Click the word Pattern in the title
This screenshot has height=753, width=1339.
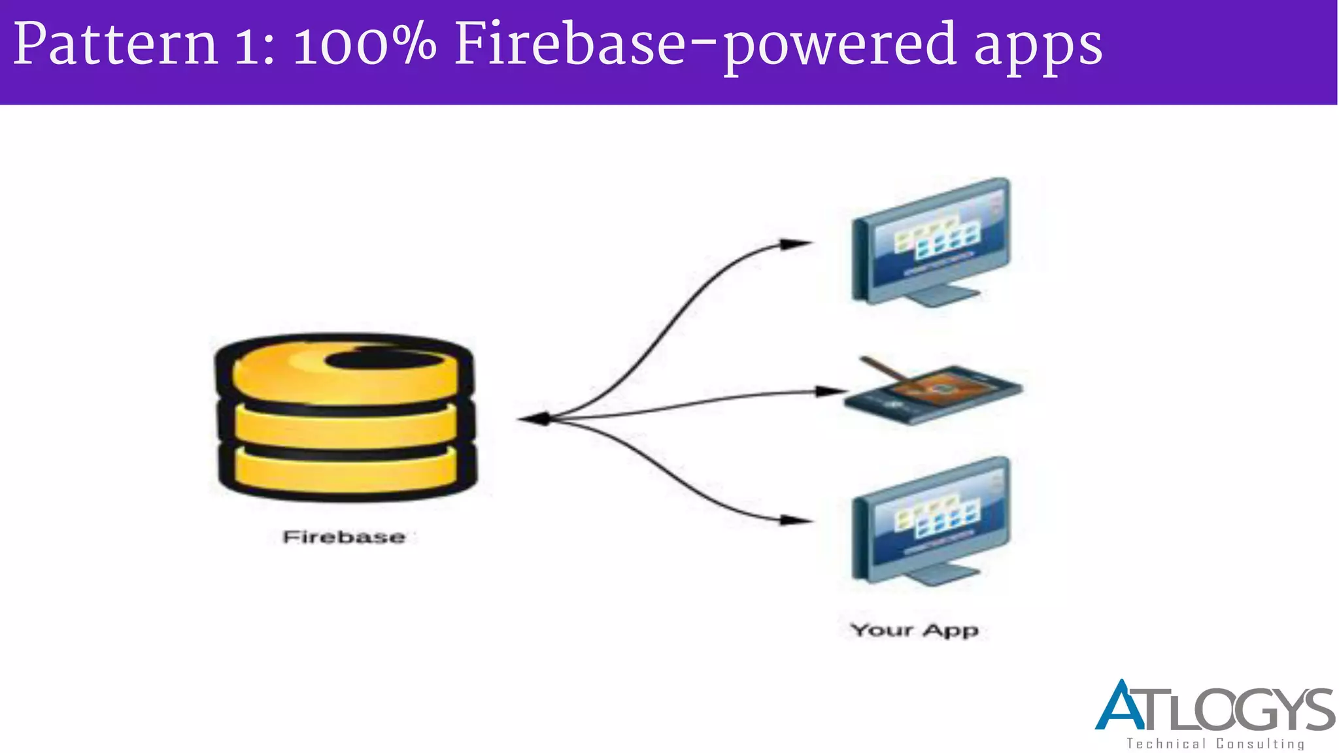[x=115, y=44]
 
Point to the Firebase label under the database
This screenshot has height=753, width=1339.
[x=344, y=537]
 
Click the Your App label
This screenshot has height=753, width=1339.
[x=914, y=630]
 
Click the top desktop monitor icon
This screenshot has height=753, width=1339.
[x=931, y=241]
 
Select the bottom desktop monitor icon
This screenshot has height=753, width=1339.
[x=931, y=520]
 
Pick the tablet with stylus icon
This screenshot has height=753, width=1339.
[x=934, y=392]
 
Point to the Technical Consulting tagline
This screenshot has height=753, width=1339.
[x=1215, y=744]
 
